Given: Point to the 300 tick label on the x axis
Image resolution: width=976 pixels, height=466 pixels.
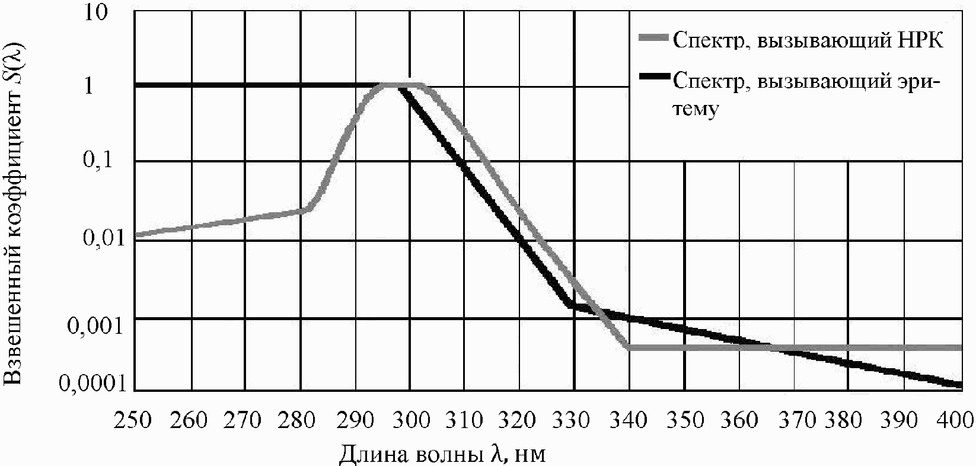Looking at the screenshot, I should point(410,420).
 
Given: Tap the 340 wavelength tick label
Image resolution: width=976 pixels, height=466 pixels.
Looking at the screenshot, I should point(629,420).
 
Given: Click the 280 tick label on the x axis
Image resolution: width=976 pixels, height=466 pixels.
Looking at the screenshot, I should point(300,420).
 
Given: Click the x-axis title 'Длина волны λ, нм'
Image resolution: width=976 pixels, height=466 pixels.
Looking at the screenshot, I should point(442,454).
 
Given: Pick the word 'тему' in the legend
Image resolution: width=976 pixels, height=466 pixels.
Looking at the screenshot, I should point(697,110).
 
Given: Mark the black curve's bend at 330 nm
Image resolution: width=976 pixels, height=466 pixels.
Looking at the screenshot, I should point(571,305).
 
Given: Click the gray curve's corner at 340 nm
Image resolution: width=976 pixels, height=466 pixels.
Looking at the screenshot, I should point(628,347).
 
